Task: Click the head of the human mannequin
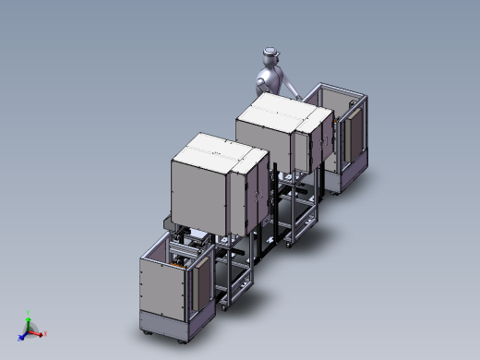tap(270, 54)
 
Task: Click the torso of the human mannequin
tap(270, 78)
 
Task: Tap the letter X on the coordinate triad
tap(45, 333)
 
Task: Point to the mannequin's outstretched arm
tap(291, 90)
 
